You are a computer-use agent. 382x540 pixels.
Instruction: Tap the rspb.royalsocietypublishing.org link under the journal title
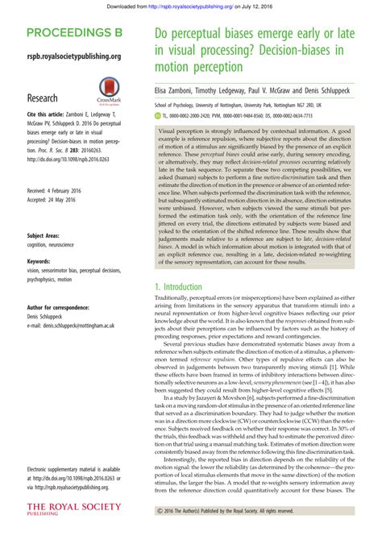pos(73,56)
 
